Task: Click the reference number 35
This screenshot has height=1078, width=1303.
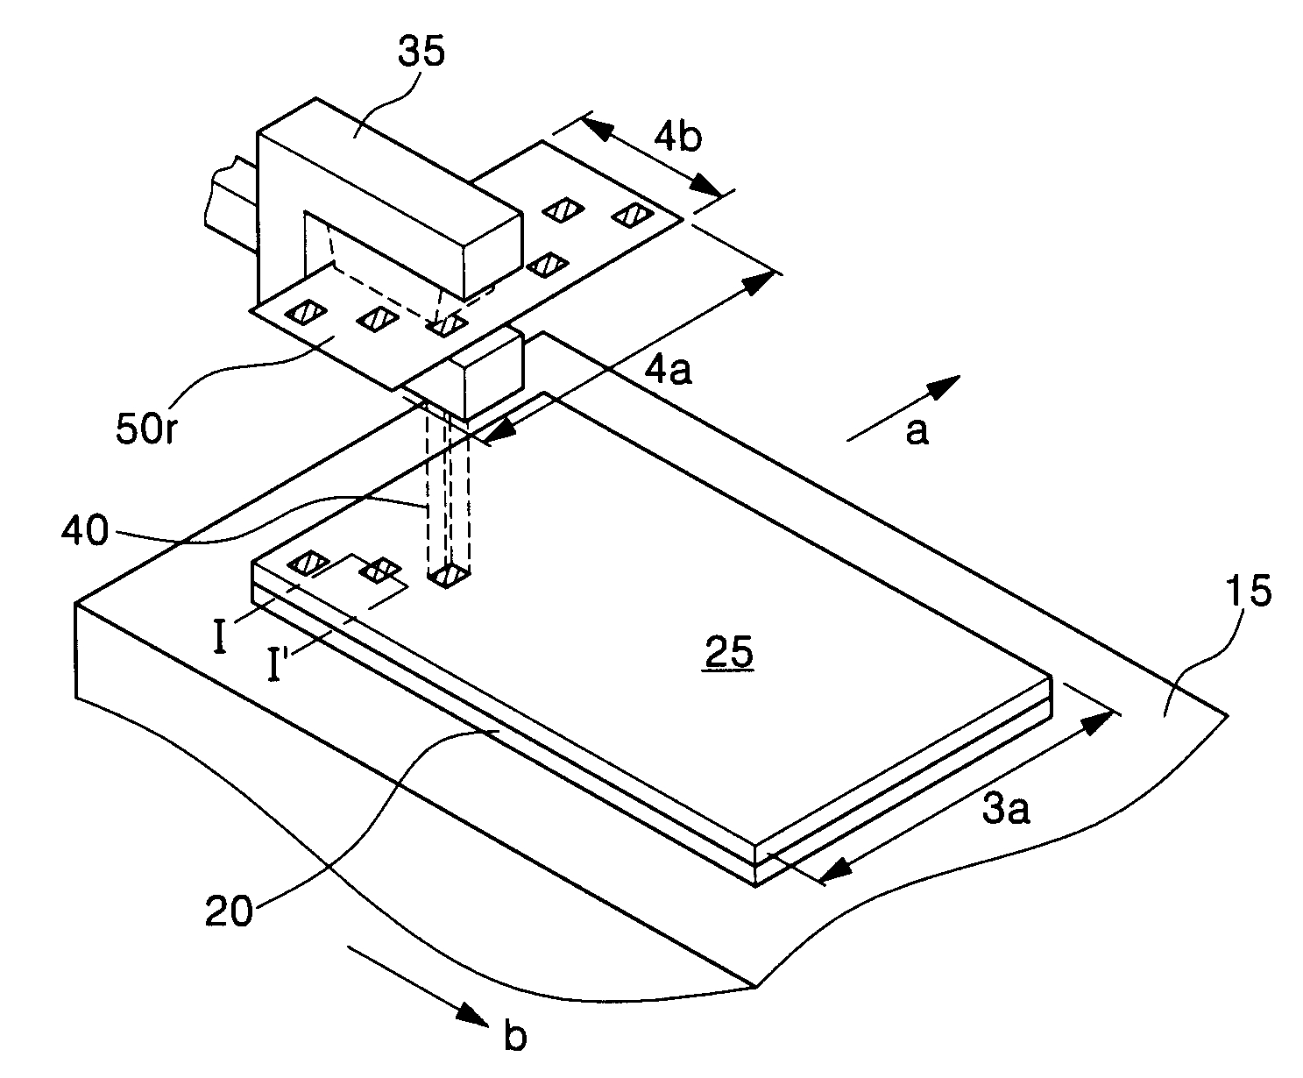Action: [421, 51]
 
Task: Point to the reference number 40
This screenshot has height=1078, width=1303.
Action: [85, 530]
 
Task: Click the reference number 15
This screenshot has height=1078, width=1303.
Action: [1249, 591]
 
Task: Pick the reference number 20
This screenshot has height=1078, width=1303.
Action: [229, 911]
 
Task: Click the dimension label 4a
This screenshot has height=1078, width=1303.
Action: [669, 371]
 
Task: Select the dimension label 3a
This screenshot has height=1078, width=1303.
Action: [1005, 810]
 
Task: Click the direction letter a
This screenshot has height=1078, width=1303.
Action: [917, 430]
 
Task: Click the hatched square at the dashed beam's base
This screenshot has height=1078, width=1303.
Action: [448, 575]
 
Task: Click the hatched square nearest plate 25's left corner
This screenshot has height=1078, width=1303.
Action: [307, 564]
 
